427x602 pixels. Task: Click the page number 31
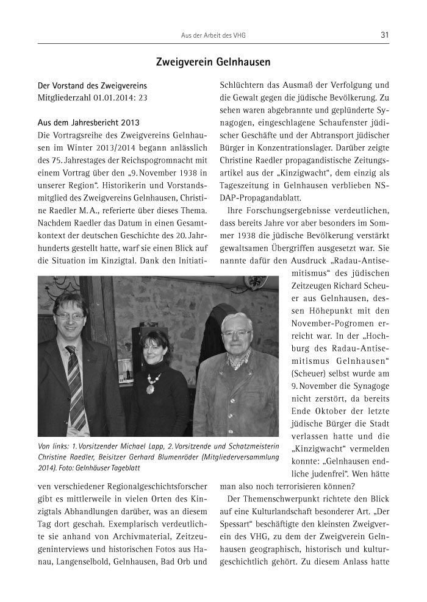coord(384,35)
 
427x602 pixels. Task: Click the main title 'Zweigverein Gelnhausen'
coord(213,62)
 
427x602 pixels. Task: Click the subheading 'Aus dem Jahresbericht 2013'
coord(84,122)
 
